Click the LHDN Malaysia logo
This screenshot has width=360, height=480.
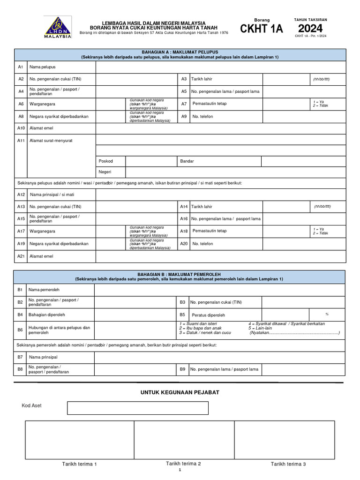[58, 27]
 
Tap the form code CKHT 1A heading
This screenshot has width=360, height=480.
[262, 29]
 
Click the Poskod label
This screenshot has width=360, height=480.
[105, 161]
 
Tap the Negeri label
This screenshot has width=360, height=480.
[105, 172]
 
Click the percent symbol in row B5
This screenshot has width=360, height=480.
[327, 314]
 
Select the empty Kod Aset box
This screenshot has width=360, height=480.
[137, 408]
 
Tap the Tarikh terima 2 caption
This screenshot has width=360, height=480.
[183, 464]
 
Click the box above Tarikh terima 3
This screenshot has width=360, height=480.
[284, 439]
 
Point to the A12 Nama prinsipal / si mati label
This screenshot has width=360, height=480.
[52, 195]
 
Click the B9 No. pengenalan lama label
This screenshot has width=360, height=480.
[224, 369]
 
